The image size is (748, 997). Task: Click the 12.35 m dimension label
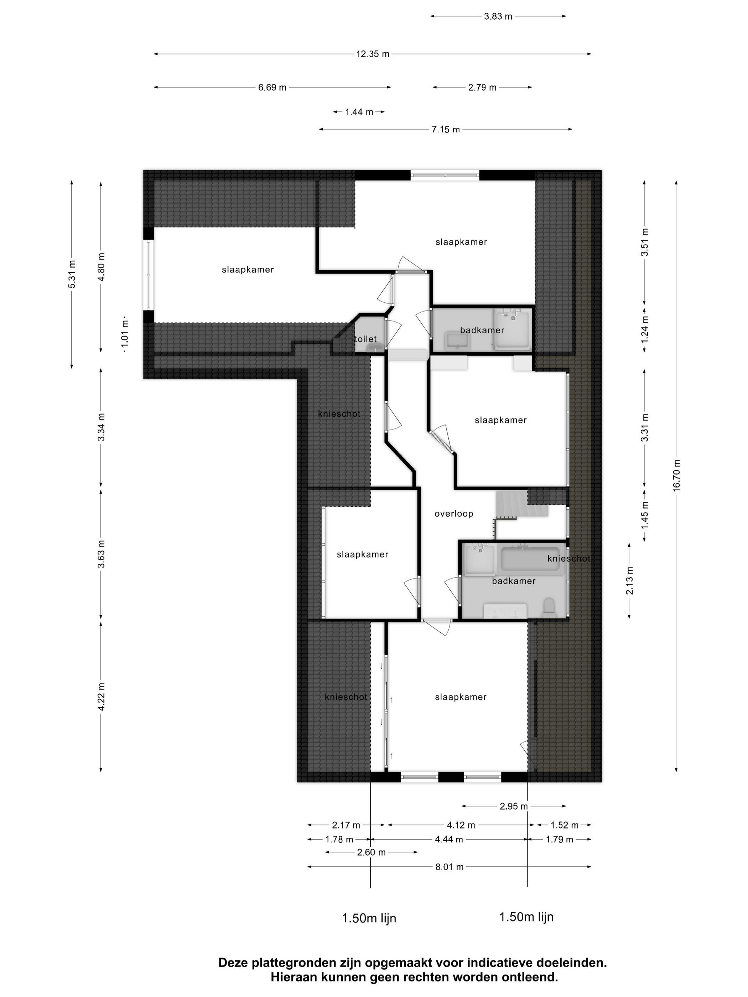click(373, 54)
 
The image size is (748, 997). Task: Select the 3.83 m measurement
click(498, 17)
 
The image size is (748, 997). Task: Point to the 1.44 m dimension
click(359, 112)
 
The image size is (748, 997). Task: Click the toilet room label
click(366, 339)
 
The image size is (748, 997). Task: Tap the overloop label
click(453, 513)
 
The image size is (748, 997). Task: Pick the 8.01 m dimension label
click(449, 867)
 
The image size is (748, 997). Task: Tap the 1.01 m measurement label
click(125, 333)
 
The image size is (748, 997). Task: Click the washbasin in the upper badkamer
click(457, 341)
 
